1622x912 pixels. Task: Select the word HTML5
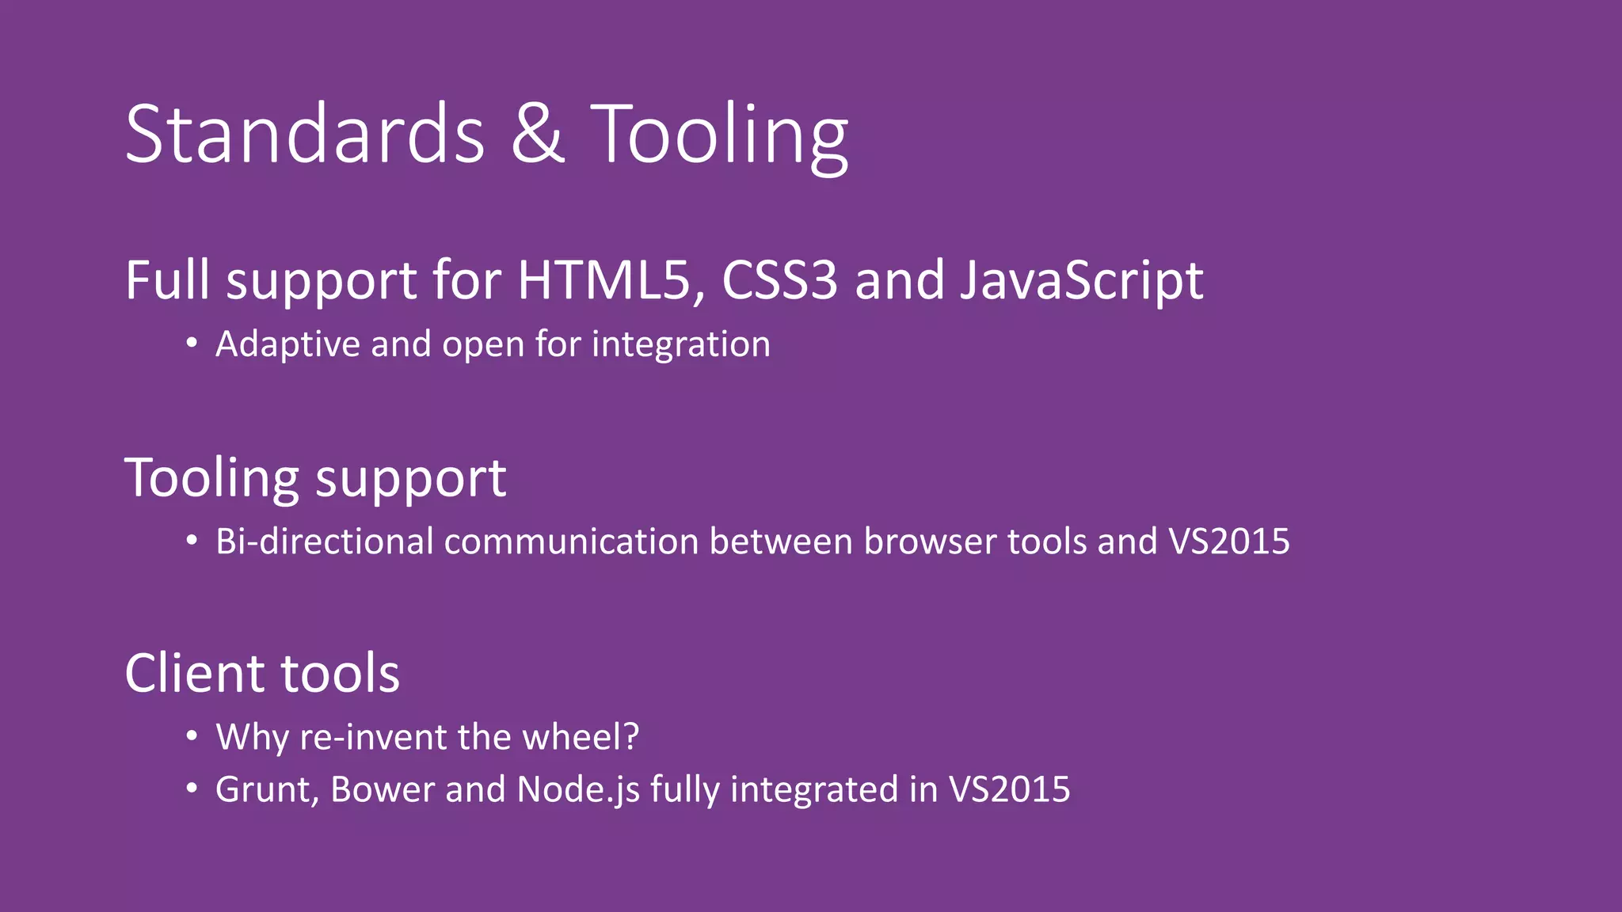pos(603,280)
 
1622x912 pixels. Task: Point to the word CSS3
pos(779,280)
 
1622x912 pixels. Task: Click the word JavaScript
pos(1081,282)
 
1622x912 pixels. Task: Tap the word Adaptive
pos(287,345)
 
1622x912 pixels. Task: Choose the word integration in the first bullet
pos(680,345)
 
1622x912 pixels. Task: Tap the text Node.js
pos(578,790)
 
